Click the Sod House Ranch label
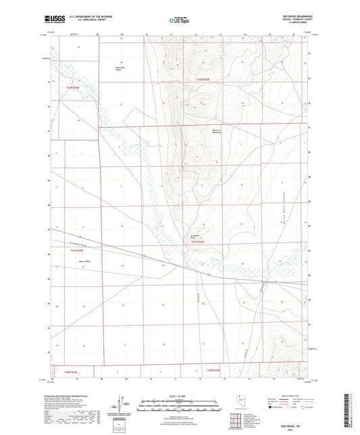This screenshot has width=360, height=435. tap(196, 236)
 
